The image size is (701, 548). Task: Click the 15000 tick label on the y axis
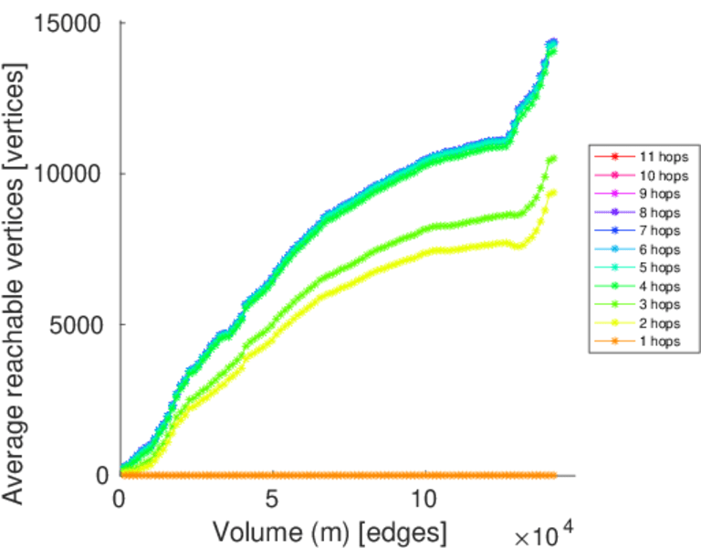coord(68,23)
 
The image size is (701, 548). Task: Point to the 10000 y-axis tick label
coord(68,174)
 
